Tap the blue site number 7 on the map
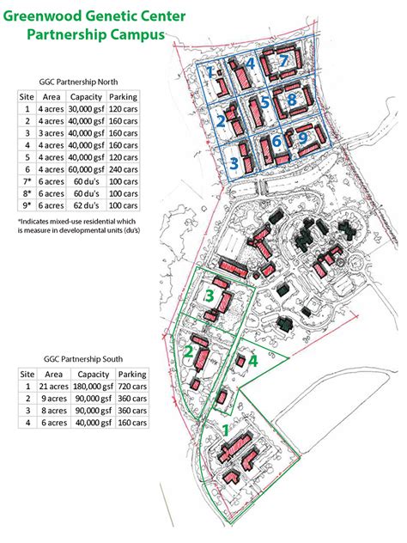[283, 61]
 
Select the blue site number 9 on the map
[303, 137]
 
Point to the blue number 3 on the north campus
[234, 163]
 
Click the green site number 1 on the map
[226, 430]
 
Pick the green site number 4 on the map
[253, 361]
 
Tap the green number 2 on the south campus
[189, 352]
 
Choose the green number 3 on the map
[210, 296]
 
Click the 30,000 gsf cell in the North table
[86, 109]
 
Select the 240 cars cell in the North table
[123, 170]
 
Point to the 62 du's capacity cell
[86, 205]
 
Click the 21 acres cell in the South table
[53, 387]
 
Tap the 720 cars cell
[132, 387]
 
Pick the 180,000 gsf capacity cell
[93, 387]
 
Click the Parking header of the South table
[132, 375]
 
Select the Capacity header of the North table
[86, 97]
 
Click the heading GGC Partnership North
[78, 82]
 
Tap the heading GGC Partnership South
[83, 359]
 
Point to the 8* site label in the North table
[27, 193]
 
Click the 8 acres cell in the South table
[53, 411]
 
